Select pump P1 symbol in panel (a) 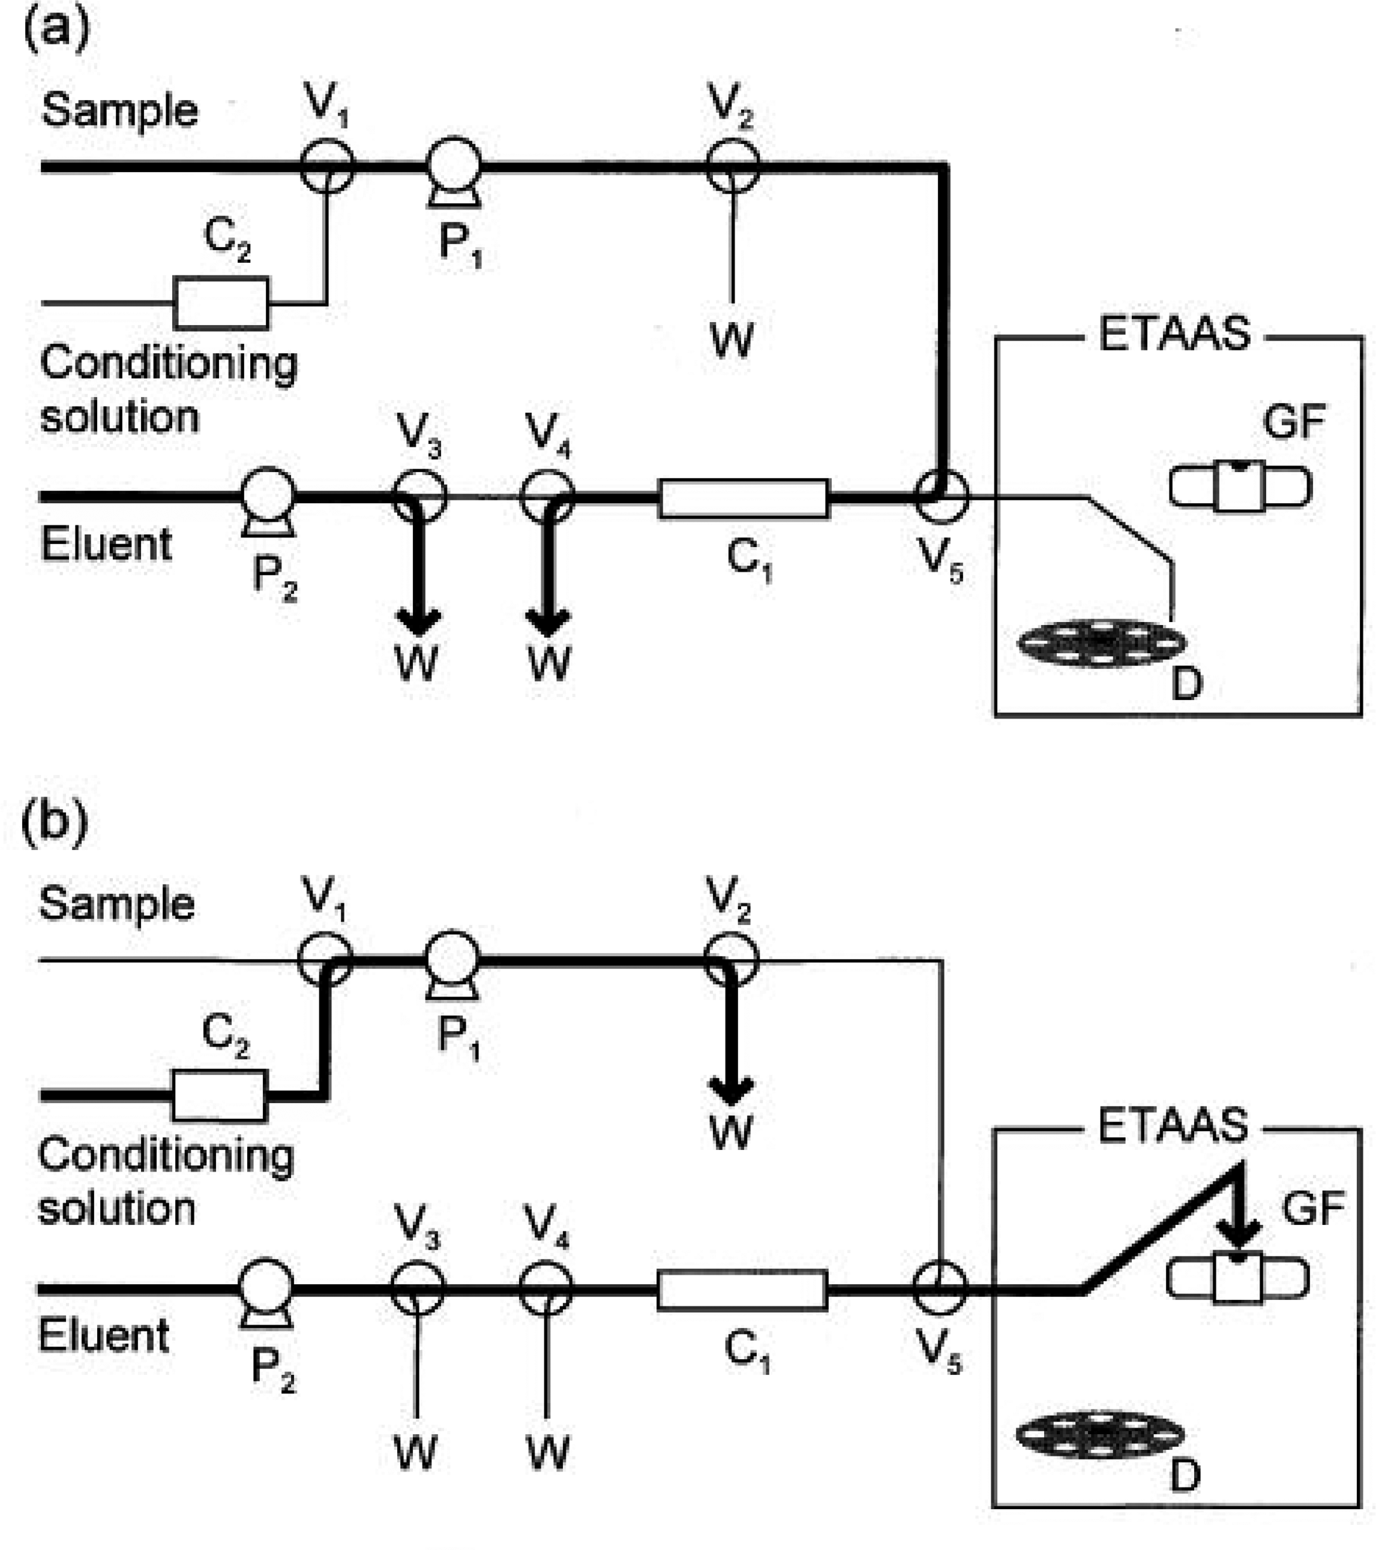tap(453, 168)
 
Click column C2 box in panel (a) tap(221, 303)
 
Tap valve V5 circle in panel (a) tap(941, 497)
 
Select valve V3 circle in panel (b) tap(417, 1288)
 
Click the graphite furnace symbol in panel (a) tap(1239, 486)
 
